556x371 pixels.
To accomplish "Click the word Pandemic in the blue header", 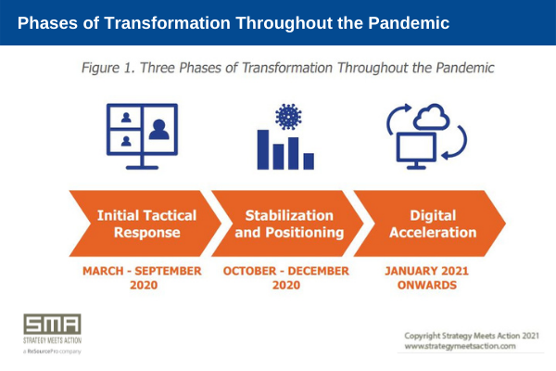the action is click(409, 23).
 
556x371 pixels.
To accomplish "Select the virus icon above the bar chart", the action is click(288, 117).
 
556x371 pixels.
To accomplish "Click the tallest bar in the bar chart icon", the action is click(263, 149).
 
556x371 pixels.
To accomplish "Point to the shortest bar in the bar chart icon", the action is click(309, 161).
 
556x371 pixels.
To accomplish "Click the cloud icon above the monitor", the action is click(432, 117).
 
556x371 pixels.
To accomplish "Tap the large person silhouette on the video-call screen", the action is click(158, 130).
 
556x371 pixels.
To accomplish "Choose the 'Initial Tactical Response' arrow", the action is click(145, 224).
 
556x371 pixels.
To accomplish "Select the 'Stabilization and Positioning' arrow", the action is click(287, 224).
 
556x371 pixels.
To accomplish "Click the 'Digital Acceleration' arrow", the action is click(430, 224).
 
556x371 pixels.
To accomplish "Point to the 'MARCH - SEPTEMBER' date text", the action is click(142, 271).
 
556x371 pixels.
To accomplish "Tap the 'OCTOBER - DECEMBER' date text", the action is click(285, 271).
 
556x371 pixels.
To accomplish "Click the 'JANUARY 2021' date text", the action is click(426, 271).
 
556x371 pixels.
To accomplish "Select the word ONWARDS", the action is click(427, 285).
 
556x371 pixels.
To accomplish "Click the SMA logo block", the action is click(53, 324).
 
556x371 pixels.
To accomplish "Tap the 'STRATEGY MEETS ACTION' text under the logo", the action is click(53, 340).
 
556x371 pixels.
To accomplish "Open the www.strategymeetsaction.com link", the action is click(460, 346).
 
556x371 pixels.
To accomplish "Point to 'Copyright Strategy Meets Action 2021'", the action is click(472, 336).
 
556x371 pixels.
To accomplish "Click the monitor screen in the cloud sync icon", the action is click(416, 147).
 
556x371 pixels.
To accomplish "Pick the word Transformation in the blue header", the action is click(168, 23).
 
